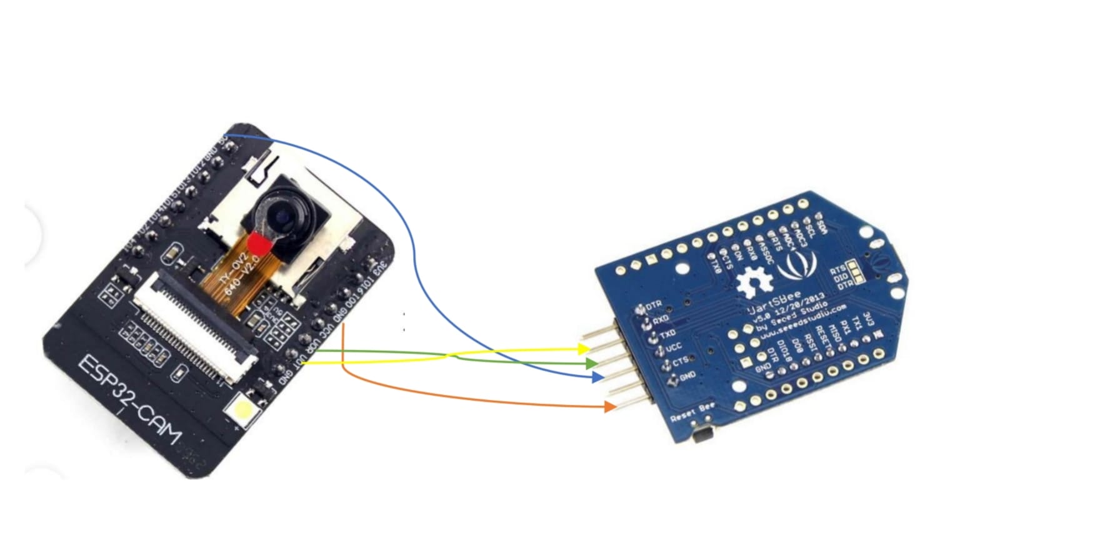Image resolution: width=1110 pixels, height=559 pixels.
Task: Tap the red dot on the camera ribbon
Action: point(259,244)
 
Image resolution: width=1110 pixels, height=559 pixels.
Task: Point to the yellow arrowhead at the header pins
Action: point(584,349)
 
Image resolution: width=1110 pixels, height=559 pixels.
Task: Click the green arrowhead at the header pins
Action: point(591,363)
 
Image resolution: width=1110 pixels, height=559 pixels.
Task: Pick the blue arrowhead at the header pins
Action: point(598,378)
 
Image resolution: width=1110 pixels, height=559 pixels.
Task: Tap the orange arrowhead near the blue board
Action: point(609,407)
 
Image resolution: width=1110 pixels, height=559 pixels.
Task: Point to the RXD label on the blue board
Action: point(661,319)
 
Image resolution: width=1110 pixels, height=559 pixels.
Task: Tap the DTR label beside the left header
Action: point(654,306)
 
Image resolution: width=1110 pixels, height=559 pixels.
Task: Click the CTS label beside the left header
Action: point(680,361)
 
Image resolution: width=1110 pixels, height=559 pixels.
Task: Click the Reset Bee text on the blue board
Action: point(692,413)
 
